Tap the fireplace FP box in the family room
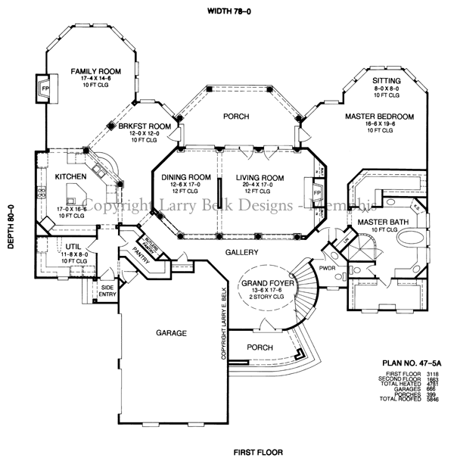pos(44,86)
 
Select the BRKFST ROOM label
pos(143,126)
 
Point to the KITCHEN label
pos(71,177)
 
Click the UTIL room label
pos(73,247)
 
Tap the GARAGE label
pos(172,332)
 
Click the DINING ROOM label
pos(185,177)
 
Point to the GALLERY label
pos(241,252)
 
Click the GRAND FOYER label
pos(262,283)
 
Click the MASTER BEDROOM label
pos(379,117)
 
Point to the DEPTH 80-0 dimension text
pos(10,229)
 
